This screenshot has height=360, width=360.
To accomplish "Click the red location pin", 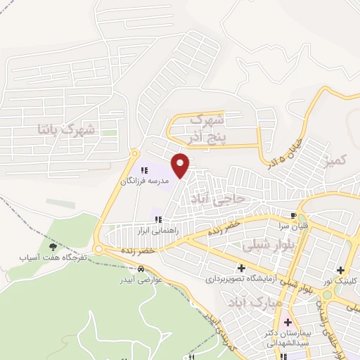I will [181, 165].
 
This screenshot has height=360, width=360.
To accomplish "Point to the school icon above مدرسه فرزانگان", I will [145, 169].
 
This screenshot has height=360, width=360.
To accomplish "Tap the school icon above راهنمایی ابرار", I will [158, 219].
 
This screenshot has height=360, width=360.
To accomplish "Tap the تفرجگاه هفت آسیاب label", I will [52, 258].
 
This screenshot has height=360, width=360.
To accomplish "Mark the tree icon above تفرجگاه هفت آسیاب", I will [52, 246].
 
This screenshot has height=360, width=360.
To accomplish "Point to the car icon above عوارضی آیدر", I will [141, 269].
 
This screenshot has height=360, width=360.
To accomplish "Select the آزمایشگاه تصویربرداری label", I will [243, 279].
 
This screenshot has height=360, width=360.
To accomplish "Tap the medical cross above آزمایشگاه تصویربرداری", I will [243, 268].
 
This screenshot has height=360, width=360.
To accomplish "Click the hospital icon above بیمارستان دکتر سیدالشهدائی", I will [287, 323].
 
